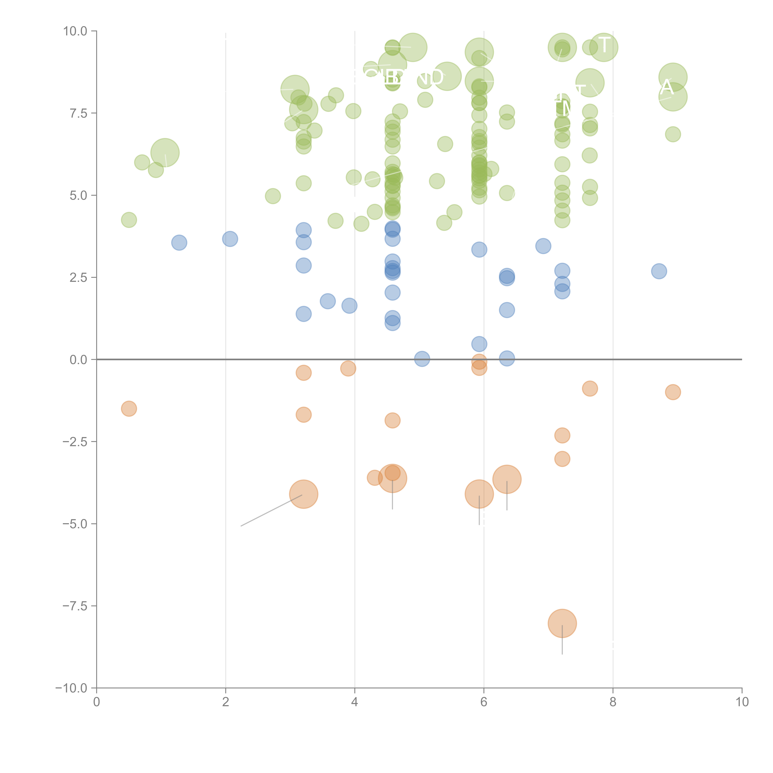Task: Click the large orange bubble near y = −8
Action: [562, 623]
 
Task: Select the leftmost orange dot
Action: [129, 408]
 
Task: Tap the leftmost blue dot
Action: [179, 242]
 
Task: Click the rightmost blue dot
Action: [659, 271]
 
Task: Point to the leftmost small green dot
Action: [129, 220]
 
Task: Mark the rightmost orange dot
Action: [673, 392]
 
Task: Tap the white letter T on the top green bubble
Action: [604, 45]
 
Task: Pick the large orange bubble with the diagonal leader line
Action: [304, 494]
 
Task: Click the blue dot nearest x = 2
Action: [230, 239]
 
